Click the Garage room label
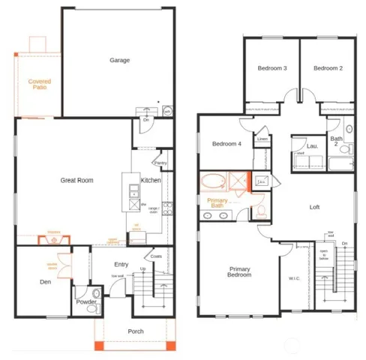pos(119,60)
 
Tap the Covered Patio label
pos(40,84)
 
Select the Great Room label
pos(77,180)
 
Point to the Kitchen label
pos(151,180)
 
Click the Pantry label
pos(160,163)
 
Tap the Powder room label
pos(85,302)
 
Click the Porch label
pos(136,331)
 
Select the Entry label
pos(121,264)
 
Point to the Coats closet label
pos(156,256)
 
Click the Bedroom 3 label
pos(272,68)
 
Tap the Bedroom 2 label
pos(328,68)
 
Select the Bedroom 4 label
pos(226,144)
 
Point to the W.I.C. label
pos(294,279)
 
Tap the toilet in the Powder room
pos(95,293)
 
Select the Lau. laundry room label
pos(312,146)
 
